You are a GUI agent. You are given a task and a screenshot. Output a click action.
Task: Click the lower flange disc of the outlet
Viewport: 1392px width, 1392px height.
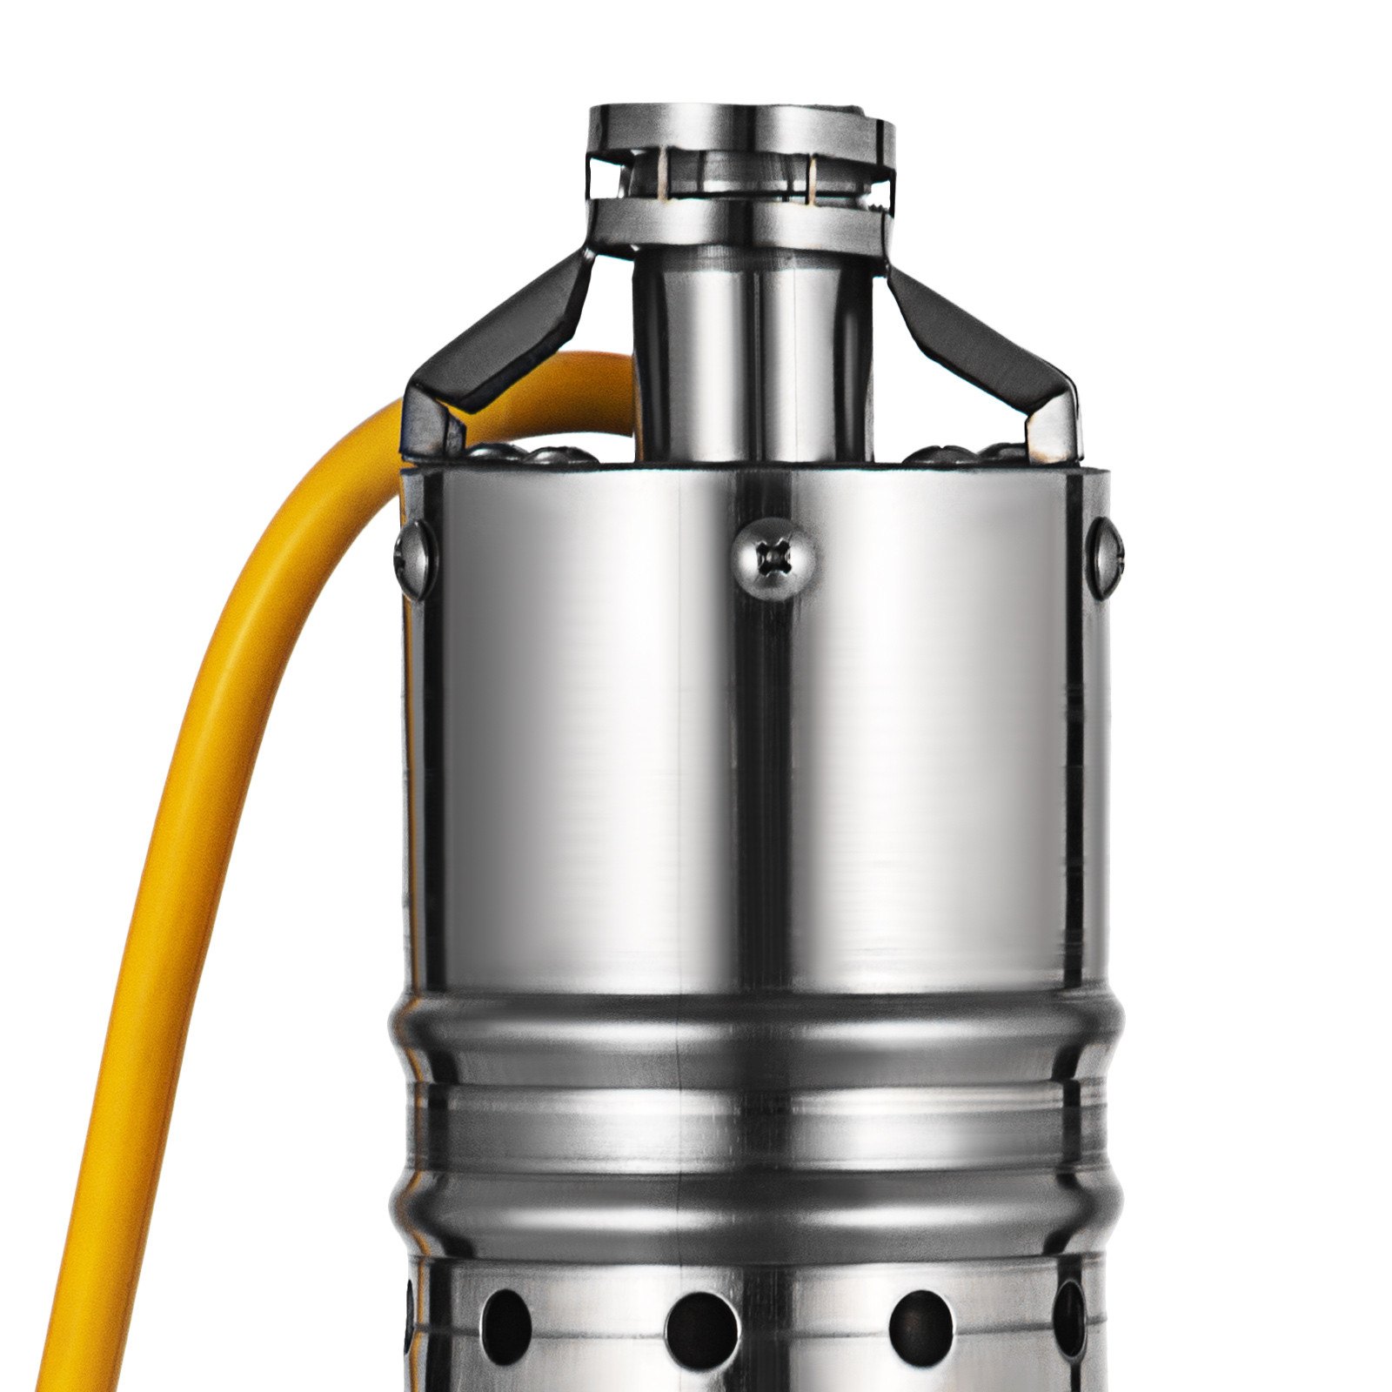[x=739, y=222]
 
